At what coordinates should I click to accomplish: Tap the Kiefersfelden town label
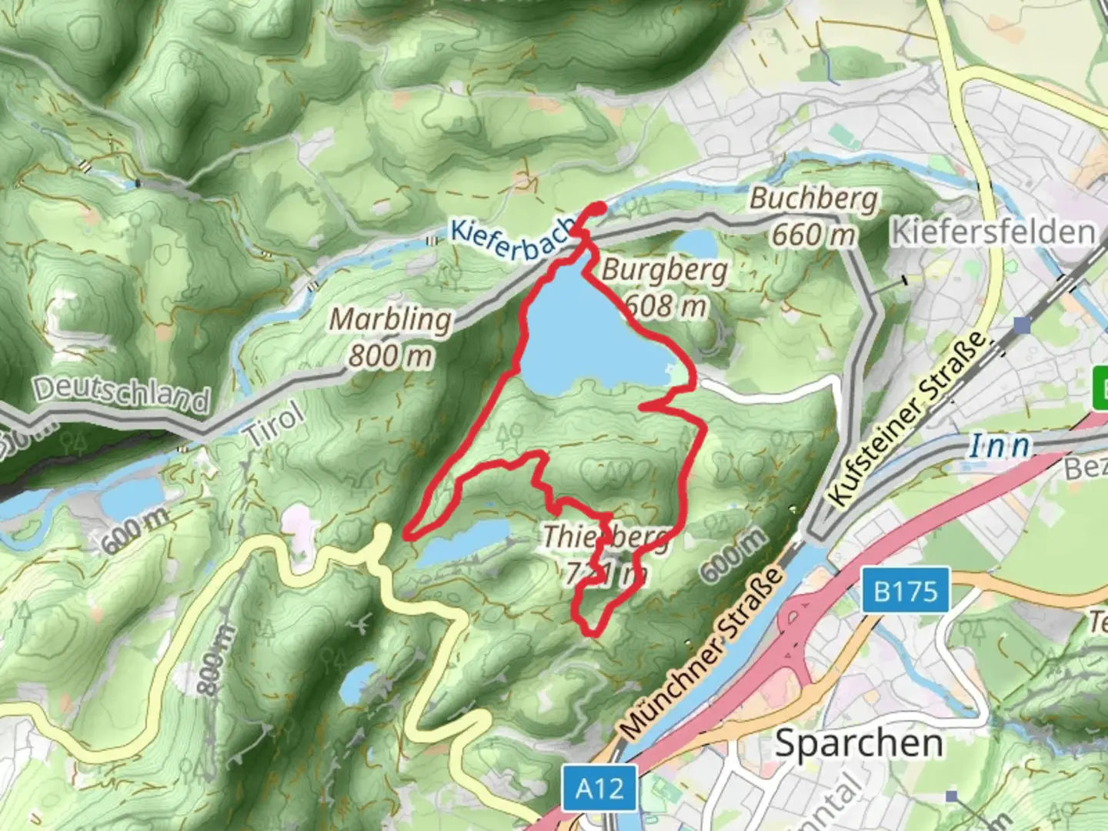(x=993, y=232)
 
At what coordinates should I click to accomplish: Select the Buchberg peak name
(x=813, y=199)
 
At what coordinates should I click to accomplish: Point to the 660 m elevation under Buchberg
(x=813, y=234)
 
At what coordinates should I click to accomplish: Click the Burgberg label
(x=665, y=271)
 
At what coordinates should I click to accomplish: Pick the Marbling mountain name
(x=391, y=320)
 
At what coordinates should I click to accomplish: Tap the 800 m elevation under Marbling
(x=391, y=355)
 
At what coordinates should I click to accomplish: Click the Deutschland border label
(x=122, y=392)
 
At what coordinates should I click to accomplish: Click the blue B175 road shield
(x=906, y=591)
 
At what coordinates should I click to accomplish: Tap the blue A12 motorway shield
(x=599, y=788)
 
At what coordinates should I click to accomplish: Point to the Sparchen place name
(x=858, y=743)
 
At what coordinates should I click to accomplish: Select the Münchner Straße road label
(x=702, y=652)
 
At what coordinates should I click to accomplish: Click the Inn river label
(x=999, y=446)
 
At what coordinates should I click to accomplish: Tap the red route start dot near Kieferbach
(x=596, y=207)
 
